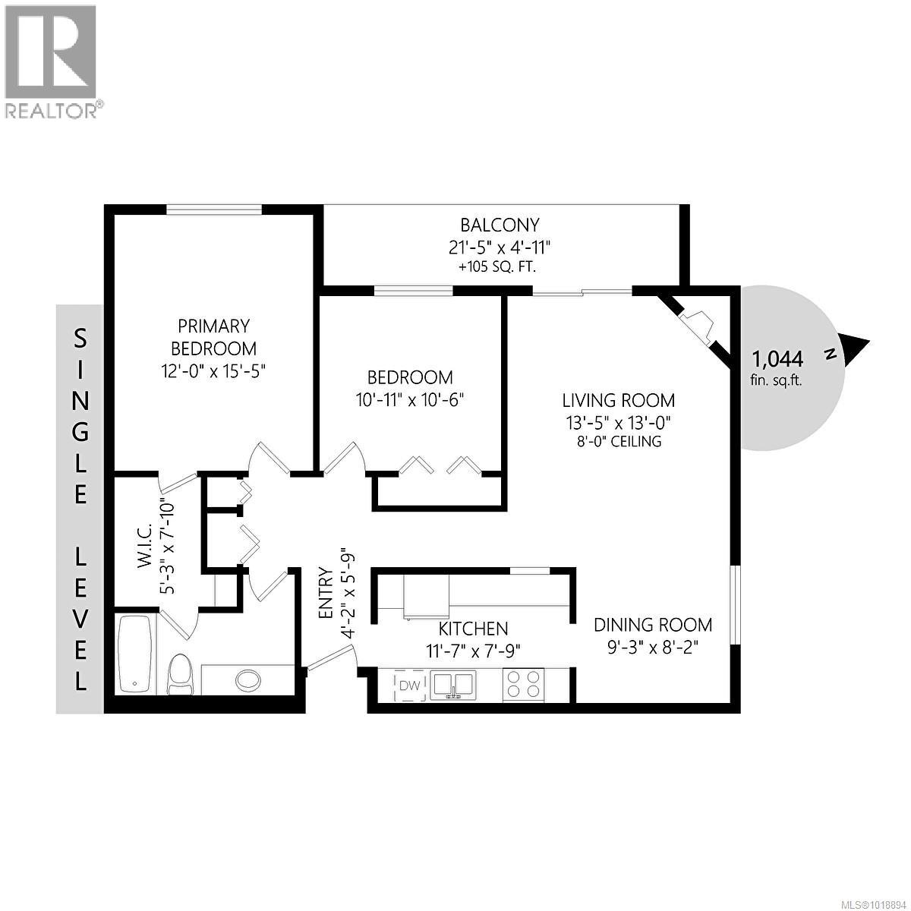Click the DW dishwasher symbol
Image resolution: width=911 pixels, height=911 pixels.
(x=410, y=686)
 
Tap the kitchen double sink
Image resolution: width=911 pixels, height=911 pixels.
(x=452, y=685)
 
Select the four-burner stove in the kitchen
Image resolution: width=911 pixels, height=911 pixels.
(x=524, y=683)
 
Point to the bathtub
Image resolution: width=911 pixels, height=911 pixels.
(x=136, y=654)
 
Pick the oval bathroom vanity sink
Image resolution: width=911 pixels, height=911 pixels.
(x=248, y=679)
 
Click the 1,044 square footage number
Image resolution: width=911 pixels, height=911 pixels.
(x=777, y=358)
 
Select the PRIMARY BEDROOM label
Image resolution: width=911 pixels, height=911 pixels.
(x=213, y=337)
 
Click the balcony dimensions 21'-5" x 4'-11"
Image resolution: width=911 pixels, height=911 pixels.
(x=500, y=247)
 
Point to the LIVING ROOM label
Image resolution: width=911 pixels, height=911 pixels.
(x=618, y=400)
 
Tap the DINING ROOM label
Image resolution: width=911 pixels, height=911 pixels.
(x=653, y=625)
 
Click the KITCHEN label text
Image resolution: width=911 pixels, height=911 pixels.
(x=473, y=629)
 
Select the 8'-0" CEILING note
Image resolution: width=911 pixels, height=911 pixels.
(x=618, y=441)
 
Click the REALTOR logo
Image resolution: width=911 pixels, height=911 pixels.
(x=52, y=61)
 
